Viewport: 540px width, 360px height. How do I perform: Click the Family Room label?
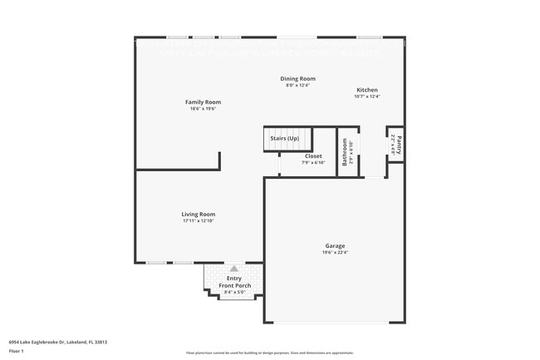tap(203, 102)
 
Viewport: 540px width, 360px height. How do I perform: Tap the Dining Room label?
tap(297, 79)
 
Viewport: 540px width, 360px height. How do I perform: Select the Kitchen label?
tap(367, 90)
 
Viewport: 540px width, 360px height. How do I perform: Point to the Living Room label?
tap(199, 215)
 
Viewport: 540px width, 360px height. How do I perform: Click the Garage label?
tap(335, 245)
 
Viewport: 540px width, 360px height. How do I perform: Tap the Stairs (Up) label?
tap(285, 138)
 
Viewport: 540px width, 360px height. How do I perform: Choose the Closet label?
tap(313, 156)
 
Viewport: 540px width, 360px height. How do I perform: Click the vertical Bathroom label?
tap(345, 150)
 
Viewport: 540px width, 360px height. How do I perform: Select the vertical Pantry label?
tap(399, 144)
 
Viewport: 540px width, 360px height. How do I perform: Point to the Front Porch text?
tap(234, 286)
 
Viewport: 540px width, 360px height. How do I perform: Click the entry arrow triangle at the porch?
tap(234, 269)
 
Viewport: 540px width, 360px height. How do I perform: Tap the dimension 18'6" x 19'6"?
tap(203, 109)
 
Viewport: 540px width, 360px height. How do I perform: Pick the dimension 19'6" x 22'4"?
tap(335, 252)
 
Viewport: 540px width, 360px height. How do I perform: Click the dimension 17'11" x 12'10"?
tap(199, 221)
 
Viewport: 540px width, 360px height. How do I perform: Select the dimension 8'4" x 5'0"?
tap(234, 293)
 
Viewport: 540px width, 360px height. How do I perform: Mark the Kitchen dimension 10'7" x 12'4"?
tap(367, 96)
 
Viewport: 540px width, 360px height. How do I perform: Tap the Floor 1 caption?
tap(17, 352)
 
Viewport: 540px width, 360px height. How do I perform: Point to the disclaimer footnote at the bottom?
tap(269, 353)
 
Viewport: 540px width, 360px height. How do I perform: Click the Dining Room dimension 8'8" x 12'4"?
tap(297, 86)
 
